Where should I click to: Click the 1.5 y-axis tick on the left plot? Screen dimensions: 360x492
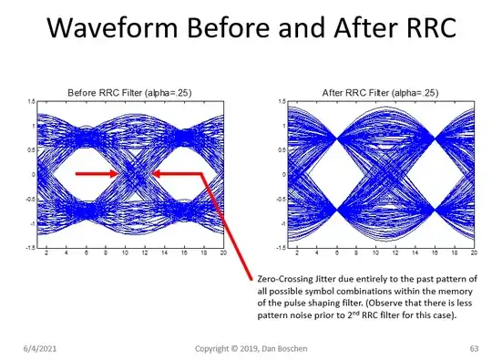32,101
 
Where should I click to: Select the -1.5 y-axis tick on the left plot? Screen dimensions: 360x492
30,247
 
